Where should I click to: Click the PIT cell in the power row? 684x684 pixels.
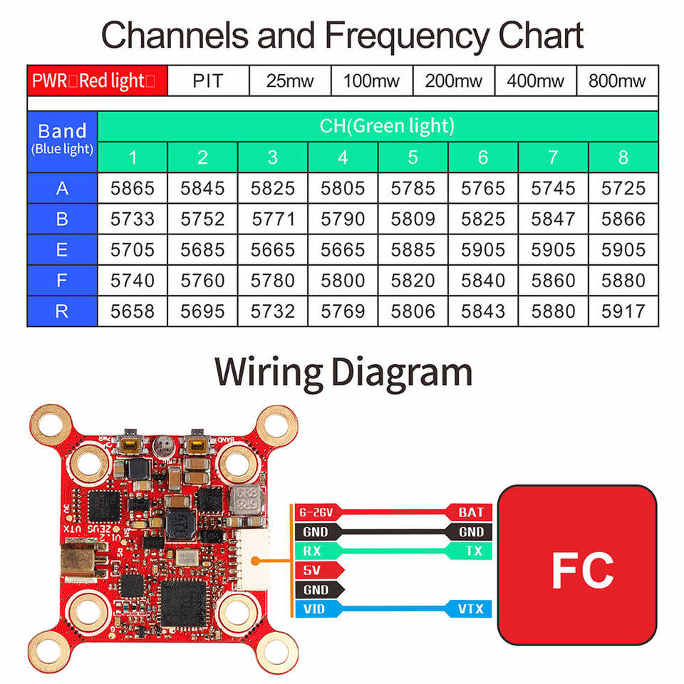point(208,81)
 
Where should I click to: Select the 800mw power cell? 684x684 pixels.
point(617,81)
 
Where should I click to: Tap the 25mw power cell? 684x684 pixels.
point(290,81)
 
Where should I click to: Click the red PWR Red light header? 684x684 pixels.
point(97,80)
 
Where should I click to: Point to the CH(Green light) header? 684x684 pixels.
point(377,126)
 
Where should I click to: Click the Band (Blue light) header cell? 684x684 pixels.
point(62,138)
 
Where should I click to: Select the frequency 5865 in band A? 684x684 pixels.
point(133,188)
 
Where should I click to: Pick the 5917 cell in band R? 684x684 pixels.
point(623,311)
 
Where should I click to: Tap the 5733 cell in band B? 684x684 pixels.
point(133,219)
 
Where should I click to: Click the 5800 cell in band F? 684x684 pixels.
point(343,281)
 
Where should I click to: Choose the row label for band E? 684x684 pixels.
point(62,250)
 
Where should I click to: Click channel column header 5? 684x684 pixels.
point(413,157)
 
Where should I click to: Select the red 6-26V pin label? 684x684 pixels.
point(318,512)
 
